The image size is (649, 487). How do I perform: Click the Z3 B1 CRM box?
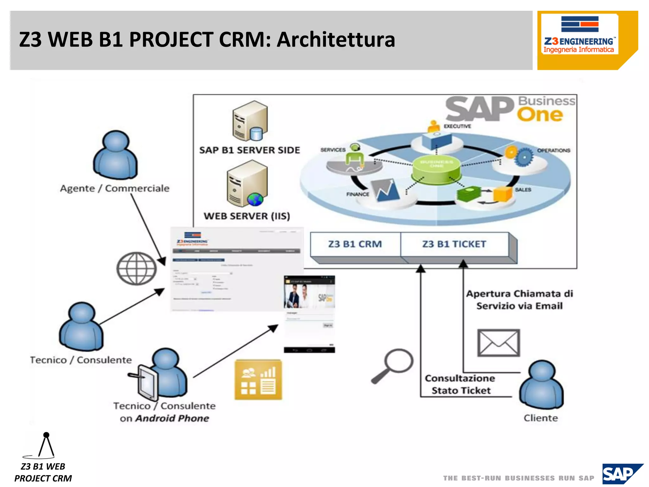click(x=355, y=244)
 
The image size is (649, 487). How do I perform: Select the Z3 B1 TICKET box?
click(x=454, y=244)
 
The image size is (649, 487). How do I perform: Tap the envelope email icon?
click(x=498, y=343)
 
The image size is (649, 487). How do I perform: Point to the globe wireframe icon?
click(x=137, y=268)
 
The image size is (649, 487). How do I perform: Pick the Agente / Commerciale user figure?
click(x=115, y=155)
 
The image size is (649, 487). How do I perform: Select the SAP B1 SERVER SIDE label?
click(x=249, y=150)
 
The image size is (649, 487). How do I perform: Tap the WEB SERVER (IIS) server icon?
click(x=247, y=184)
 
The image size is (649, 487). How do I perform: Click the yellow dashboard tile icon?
click(x=258, y=380)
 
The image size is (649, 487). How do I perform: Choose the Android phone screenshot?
click(x=309, y=314)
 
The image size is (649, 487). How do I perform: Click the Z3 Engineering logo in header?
click(x=579, y=35)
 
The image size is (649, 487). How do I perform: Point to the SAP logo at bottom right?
click(x=622, y=474)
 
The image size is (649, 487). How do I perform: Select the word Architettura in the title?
click(x=336, y=40)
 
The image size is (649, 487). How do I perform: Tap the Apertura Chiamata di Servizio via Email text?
click(x=519, y=300)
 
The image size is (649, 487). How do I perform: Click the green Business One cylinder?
click(x=436, y=170)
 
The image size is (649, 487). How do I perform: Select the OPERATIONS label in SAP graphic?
click(x=553, y=150)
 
